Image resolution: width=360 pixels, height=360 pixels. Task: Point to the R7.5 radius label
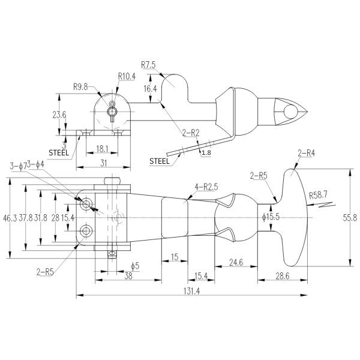(x=149, y=64)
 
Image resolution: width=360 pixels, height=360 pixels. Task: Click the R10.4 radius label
(x=127, y=76)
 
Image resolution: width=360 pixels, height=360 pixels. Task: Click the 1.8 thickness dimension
(x=207, y=154)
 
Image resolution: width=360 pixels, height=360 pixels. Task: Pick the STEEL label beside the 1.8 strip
(x=159, y=160)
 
